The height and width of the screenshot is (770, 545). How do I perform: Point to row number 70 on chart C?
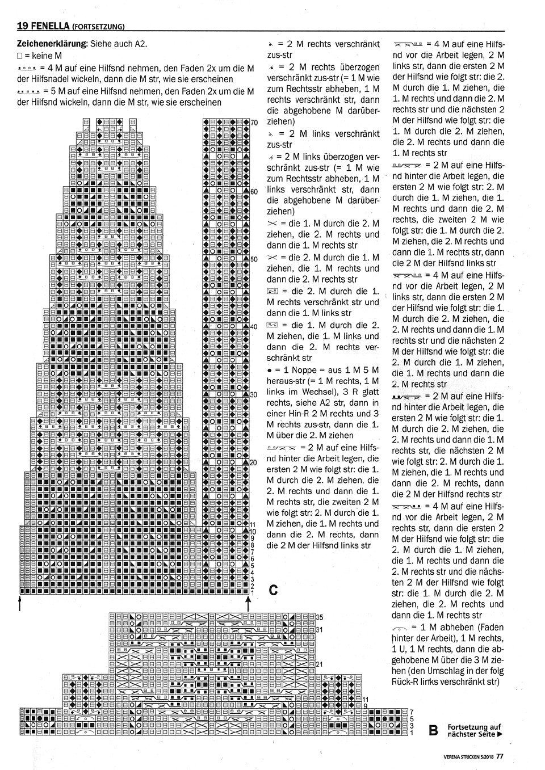(x=254, y=123)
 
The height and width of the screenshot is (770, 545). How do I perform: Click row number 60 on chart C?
(x=254, y=191)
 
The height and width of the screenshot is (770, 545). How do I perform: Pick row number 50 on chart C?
(x=254, y=259)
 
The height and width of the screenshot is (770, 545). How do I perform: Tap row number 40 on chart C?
(x=254, y=327)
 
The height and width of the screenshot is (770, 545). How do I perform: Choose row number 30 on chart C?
(x=254, y=394)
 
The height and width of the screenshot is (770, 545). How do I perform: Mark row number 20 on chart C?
(x=254, y=462)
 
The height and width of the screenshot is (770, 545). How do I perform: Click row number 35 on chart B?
(x=319, y=617)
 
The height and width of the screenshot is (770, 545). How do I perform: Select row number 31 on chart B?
(x=319, y=629)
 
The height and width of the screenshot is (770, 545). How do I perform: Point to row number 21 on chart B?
(x=319, y=664)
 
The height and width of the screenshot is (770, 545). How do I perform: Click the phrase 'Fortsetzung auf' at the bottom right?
(x=474, y=727)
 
